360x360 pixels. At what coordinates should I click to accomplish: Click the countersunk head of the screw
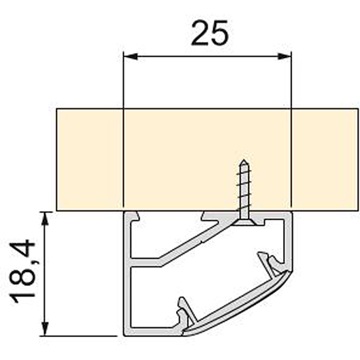click(x=245, y=222)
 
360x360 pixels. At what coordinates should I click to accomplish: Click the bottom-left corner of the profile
click(x=127, y=334)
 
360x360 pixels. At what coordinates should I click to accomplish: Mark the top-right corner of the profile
click(x=288, y=213)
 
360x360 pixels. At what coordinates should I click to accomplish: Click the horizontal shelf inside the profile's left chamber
click(x=147, y=264)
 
